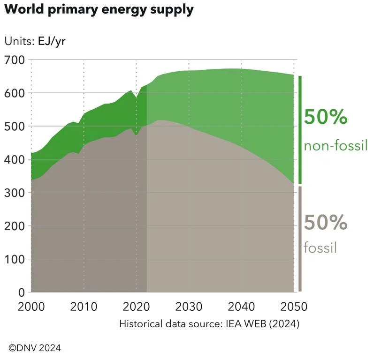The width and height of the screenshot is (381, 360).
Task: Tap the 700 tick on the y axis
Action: pyautogui.click(x=15, y=60)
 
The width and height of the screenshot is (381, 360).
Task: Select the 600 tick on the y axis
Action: pyautogui.click(x=15, y=93)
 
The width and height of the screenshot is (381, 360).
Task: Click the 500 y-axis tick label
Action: pyautogui.click(x=15, y=127)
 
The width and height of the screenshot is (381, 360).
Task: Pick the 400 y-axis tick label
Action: pyautogui.click(x=15, y=160)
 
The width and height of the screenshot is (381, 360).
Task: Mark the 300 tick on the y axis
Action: pyautogui.click(x=15, y=193)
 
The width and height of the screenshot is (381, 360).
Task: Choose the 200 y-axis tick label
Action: pyautogui.click(x=15, y=226)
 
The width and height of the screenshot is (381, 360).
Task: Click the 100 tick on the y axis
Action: pyautogui.click(x=15, y=259)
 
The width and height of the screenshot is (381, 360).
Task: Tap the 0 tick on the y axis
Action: pyautogui.click(x=22, y=292)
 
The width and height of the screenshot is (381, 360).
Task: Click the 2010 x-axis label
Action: pyautogui.click(x=84, y=307)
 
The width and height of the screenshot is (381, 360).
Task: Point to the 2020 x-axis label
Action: pyautogui.click(x=136, y=307)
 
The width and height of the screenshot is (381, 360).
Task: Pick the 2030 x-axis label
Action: pyautogui.click(x=189, y=307)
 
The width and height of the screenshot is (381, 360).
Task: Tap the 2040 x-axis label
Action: pyautogui.click(x=241, y=307)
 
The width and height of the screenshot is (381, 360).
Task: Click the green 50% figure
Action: pyautogui.click(x=326, y=117)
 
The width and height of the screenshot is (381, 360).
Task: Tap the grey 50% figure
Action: pyautogui.click(x=326, y=222)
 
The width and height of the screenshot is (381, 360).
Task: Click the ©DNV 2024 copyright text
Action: pyautogui.click(x=35, y=348)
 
